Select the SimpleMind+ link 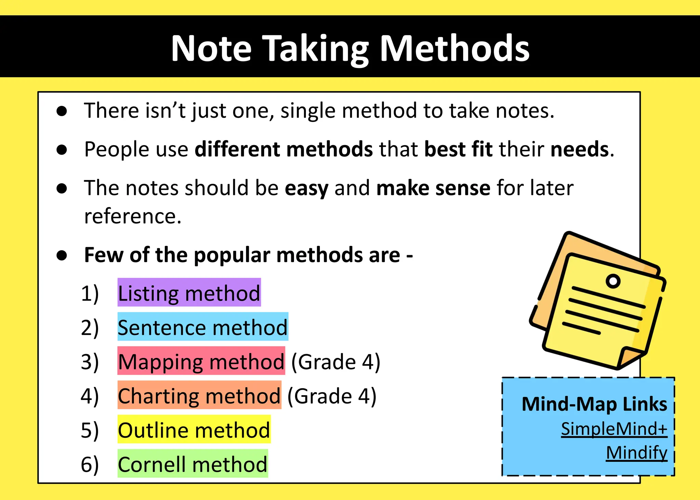(x=614, y=429)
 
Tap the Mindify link (x=636, y=453)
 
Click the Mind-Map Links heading (x=594, y=404)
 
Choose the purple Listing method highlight (x=189, y=293)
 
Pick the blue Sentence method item (x=203, y=327)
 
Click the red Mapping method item (x=201, y=361)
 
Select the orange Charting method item (x=199, y=395)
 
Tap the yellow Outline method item (x=194, y=429)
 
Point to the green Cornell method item (x=192, y=463)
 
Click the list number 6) (x=90, y=464)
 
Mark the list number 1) (x=90, y=293)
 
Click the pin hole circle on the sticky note (x=613, y=281)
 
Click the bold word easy (x=306, y=188)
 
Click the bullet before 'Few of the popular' (x=62, y=255)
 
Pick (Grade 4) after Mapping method (x=335, y=362)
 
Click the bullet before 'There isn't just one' (x=62, y=111)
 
